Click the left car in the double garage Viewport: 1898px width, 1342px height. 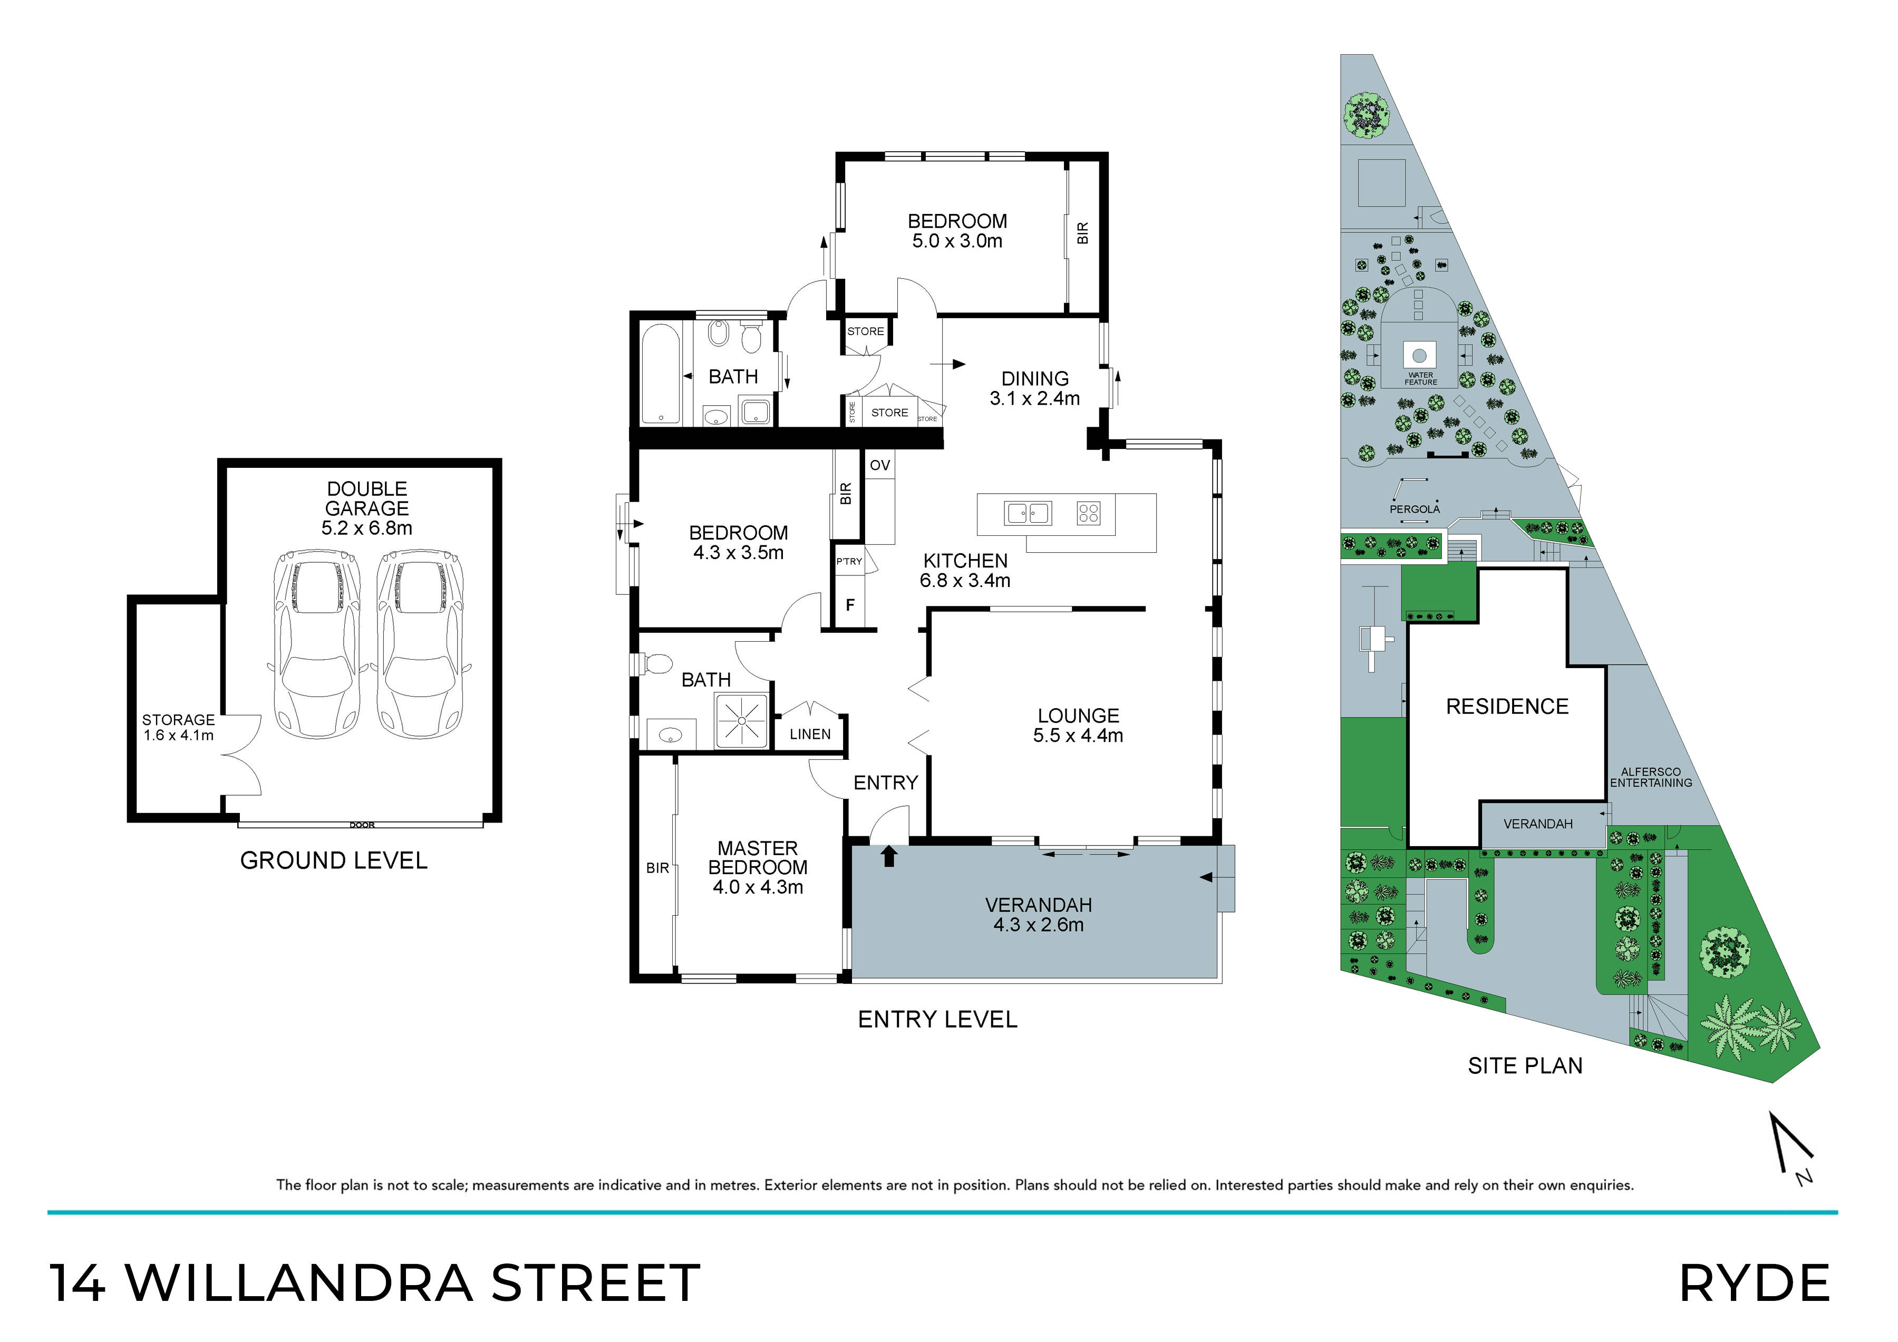pos(317,644)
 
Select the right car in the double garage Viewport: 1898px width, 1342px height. pos(420,644)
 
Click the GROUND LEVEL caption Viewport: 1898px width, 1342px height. pos(333,860)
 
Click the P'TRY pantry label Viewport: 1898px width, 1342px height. pos(849,561)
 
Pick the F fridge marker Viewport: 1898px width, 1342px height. pos(850,605)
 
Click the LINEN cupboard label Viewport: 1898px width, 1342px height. pos(810,734)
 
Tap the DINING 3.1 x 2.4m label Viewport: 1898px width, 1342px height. pos(1035,388)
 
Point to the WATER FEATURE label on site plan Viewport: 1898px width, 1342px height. pos(1420,378)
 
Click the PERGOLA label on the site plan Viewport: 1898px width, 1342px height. pos(1415,509)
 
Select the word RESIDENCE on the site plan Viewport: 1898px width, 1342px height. pos(1507,707)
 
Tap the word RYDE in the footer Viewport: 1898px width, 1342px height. pos(1754,1284)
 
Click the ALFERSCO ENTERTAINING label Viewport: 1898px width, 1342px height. pos(1650,778)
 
